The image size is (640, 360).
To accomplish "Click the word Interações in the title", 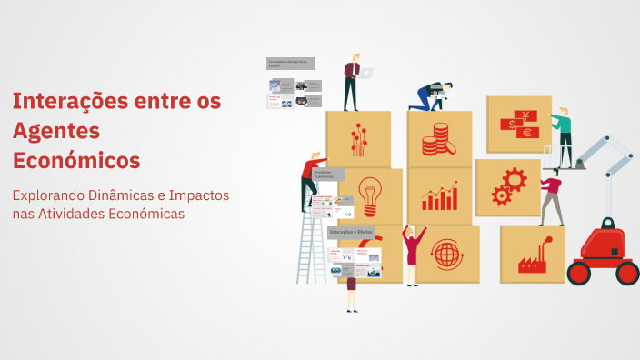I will click(69, 100).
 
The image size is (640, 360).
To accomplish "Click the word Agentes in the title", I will click(56, 130).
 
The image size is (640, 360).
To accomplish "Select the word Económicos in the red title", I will click(76, 160).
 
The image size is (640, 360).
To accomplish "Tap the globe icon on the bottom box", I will click(446, 254).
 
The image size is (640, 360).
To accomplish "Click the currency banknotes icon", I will click(518, 125).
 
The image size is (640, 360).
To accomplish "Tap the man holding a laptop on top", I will click(352, 82).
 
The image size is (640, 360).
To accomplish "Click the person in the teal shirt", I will click(565, 136).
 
